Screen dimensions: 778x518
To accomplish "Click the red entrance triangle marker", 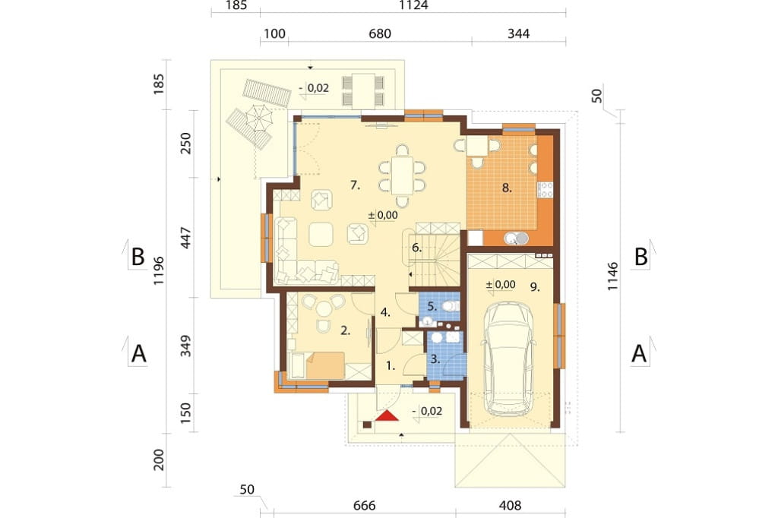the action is click(x=387, y=415).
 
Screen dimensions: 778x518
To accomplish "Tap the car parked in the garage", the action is click(x=511, y=358).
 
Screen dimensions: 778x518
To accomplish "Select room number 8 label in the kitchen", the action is click(x=507, y=188).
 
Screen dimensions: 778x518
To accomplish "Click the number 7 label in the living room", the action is click(x=355, y=185).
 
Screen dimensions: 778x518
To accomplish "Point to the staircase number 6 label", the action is click(x=417, y=247).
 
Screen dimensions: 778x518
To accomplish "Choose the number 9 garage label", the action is click(x=535, y=287).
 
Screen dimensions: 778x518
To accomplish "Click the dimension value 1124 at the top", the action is click(x=413, y=5).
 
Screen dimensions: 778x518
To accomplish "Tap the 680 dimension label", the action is click(x=380, y=33).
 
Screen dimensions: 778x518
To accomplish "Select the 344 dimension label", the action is click(x=518, y=33).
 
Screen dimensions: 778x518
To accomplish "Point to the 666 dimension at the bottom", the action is click(x=364, y=506).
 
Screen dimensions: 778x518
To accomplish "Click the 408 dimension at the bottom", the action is click(x=510, y=506).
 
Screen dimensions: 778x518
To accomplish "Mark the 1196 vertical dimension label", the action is click(x=159, y=270).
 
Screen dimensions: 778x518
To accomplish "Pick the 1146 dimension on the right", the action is click(x=613, y=276).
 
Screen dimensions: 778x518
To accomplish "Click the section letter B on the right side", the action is click(x=641, y=257).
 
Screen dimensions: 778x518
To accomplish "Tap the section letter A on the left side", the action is click(x=139, y=354).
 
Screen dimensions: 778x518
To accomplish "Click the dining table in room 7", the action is click(x=402, y=175).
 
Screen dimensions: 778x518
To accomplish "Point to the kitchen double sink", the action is click(x=517, y=238).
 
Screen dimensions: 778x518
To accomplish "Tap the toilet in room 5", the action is click(x=451, y=305).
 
